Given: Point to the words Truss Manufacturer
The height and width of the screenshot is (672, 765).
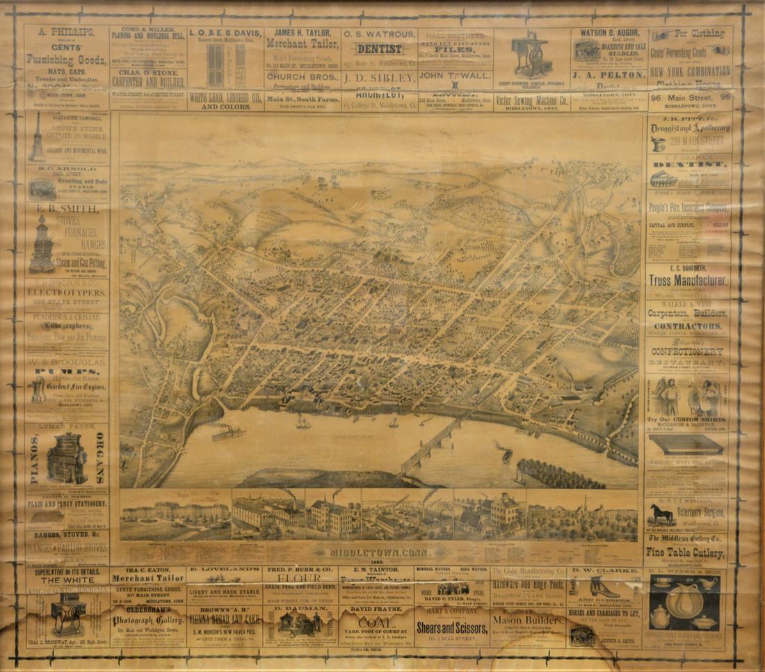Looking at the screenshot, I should click(x=688, y=281).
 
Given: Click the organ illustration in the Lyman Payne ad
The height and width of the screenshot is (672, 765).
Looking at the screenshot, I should click(x=67, y=459).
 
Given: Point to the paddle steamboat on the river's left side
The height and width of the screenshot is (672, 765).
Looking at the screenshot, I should click(x=227, y=433).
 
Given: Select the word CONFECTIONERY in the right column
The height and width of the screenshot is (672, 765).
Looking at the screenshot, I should click(x=688, y=351).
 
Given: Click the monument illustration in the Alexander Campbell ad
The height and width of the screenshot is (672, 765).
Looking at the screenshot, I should click(x=37, y=143).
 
